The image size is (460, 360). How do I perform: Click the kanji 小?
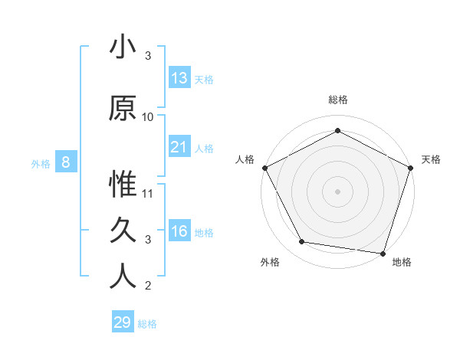[123, 47]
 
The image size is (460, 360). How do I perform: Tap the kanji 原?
[123, 109]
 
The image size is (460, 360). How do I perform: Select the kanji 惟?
[123, 185]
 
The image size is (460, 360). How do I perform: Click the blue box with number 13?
[179, 78]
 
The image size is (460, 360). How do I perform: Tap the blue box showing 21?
[179, 147]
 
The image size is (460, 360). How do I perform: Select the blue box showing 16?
[179, 231]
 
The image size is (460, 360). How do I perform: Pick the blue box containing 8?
[66, 162]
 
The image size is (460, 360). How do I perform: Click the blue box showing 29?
[123, 322]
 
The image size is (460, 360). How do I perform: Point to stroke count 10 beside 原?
[148, 117]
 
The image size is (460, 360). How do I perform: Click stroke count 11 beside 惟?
[148, 194]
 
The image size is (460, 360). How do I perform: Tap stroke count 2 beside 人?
[148, 286]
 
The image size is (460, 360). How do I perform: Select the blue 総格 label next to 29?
[147, 324]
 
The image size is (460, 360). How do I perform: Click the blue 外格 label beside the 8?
[40, 163]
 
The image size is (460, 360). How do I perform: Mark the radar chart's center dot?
[337, 191]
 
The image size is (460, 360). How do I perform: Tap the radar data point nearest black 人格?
[264, 167]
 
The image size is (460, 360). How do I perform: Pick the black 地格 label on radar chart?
[402, 263]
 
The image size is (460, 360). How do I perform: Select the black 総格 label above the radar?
[337, 100]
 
